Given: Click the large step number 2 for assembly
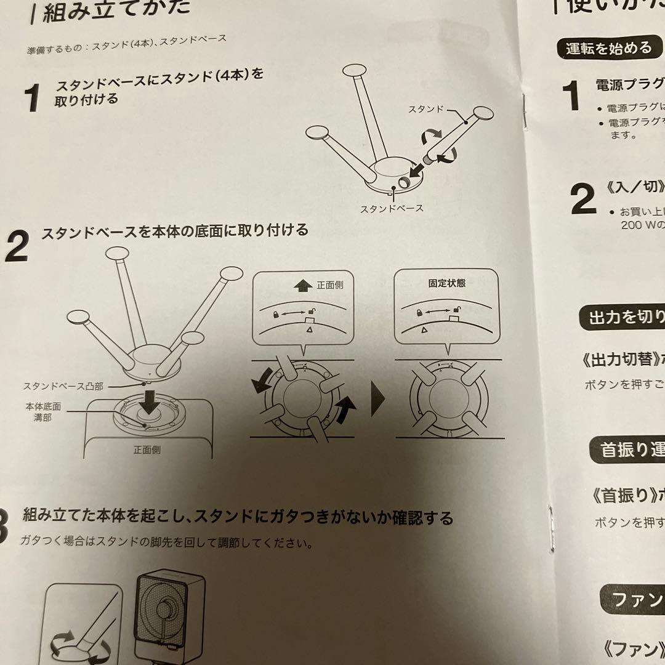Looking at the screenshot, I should tap(17, 248).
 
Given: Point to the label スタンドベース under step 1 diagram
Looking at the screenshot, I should tap(392, 208).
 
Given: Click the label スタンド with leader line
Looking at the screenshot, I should tap(426, 109).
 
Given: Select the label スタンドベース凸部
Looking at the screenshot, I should tap(63, 386).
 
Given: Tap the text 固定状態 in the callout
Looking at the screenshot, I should tap(446, 284).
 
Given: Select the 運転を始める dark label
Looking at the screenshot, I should tap(608, 48).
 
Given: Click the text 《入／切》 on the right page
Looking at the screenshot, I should tap(634, 187).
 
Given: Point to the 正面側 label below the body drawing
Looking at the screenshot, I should tap(147, 450).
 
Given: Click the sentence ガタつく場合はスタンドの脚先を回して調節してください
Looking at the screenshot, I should tap(166, 543).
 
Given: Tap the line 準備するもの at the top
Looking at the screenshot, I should tap(126, 44).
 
